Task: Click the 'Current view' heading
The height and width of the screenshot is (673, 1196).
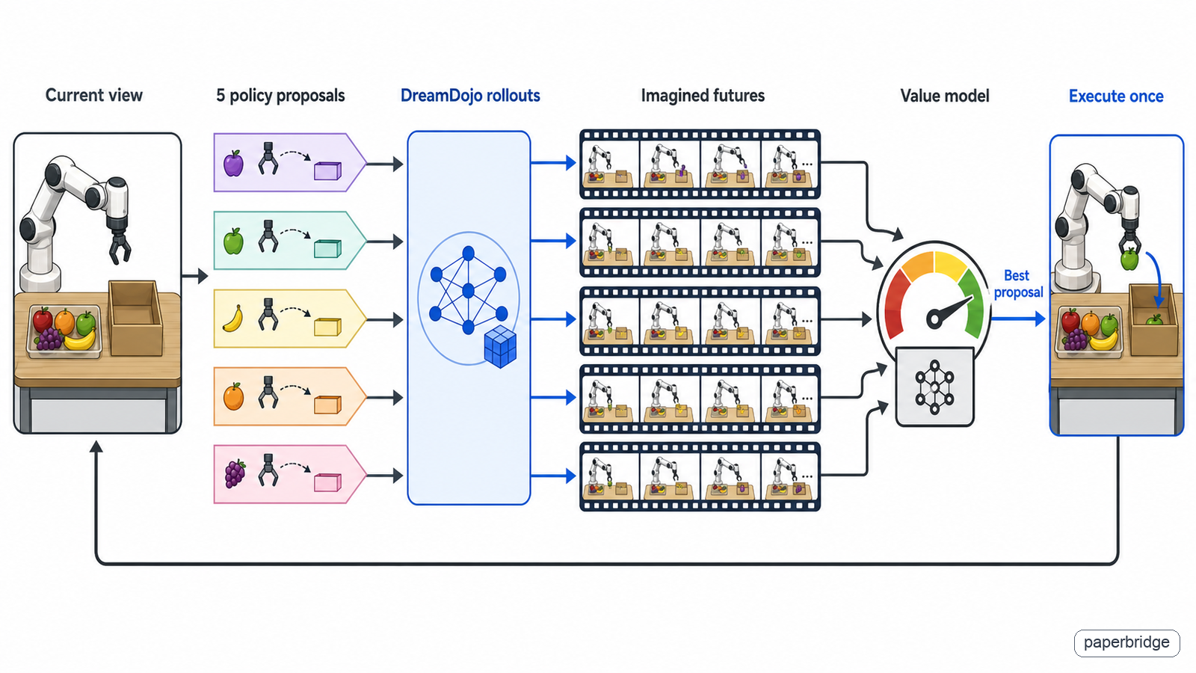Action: coord(94,96)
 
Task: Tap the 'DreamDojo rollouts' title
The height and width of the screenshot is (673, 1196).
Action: coord(470,96)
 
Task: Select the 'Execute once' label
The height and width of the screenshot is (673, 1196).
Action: coord(1116,96)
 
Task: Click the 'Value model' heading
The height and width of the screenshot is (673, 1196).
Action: coord(945,96)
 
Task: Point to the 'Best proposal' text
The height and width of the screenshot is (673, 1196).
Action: coord(1017,283)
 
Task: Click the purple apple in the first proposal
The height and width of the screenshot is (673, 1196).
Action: coord(233,163)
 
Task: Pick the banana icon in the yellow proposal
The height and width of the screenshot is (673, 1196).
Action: coord(232,319)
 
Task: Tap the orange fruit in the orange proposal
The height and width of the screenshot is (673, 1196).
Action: coord(233,396)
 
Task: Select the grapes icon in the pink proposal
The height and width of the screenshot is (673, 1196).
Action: coord(235,474)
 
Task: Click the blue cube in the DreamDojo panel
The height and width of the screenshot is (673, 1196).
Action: coord(500,347)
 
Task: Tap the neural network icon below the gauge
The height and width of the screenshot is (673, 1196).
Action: coord(934,387)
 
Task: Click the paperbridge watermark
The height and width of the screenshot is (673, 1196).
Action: coord(1126,642)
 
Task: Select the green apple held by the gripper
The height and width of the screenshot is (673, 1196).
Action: coord(1129,259)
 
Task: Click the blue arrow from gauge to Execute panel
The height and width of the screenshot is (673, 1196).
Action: coord(1017,319)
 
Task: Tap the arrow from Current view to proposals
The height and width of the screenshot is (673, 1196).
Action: coord(194,276)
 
